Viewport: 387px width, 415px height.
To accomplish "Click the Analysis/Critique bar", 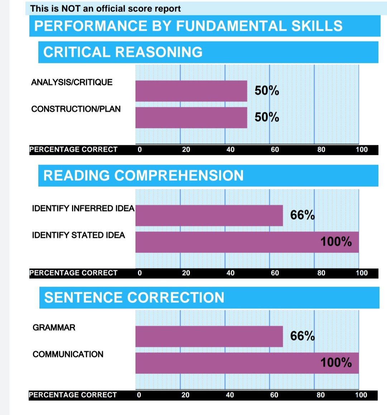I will pos(191,91).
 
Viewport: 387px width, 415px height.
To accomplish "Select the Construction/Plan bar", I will pos(191,117).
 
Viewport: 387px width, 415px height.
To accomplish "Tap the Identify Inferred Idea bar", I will pos(209,215).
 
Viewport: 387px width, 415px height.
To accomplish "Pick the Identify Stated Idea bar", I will pos(247,242).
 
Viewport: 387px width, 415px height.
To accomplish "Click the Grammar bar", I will pos(209,336).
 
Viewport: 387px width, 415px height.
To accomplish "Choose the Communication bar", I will pos(247,363).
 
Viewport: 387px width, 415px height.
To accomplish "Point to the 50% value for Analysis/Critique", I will pos(267,91).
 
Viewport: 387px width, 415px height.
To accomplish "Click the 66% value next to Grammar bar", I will pos(302,336).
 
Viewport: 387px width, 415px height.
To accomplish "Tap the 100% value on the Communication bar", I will pos(336,363).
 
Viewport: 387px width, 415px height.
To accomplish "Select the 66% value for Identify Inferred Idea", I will pos(302,215).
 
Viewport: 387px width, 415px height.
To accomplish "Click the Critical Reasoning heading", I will pos(123,52).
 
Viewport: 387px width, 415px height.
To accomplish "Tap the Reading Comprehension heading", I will pos(143,176).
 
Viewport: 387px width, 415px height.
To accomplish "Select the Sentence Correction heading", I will pos(134,298).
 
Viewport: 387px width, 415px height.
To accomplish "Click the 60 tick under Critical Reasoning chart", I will pos(275,150).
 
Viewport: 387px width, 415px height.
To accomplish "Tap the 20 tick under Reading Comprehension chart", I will pos(186,273).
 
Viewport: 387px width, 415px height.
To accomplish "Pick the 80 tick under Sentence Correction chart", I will pos(321,395).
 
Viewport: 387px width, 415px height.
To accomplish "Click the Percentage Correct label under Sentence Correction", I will pos(73,395).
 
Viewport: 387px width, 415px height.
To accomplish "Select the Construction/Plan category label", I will pos(76,109).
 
